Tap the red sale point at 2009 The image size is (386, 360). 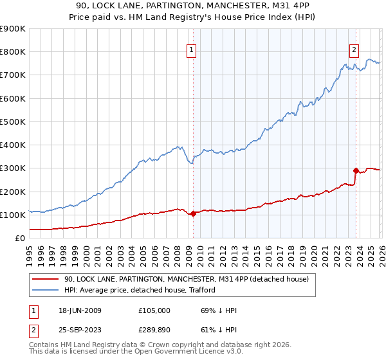[193, 213]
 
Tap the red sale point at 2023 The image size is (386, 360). [356, 170]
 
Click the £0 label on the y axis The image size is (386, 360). [19, 238]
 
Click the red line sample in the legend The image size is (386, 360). [46, 279]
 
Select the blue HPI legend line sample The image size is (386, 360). [46, 290]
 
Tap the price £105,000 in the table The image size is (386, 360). [154, 310]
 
